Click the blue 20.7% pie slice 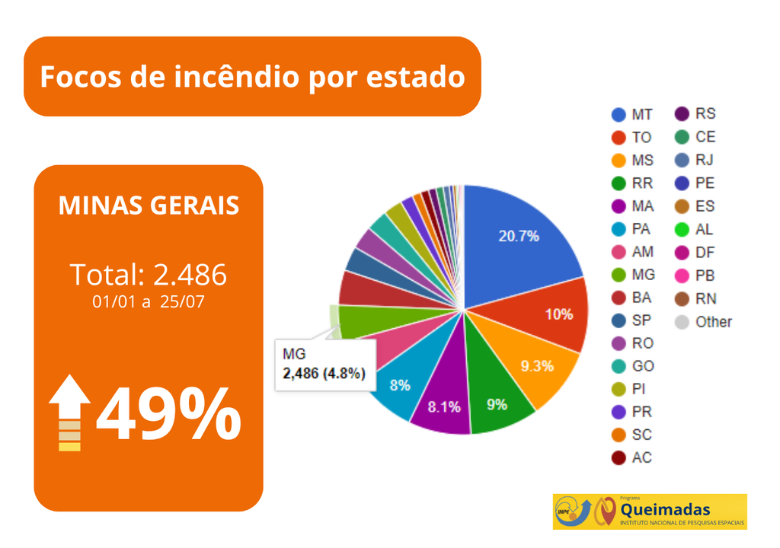(518, 236)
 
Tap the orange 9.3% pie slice (538, 366)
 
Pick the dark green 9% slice (497, 403)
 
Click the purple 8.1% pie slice (444, 406)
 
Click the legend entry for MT (633, 115)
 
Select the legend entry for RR (633, 183)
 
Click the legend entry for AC (632, 457)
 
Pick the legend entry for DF (695, 252)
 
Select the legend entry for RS (695, 114)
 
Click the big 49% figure (168, 416)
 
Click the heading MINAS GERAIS (149, 205)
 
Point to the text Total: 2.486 (149, 274)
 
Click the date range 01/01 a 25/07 (149, 301)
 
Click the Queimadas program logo (650, 511)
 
